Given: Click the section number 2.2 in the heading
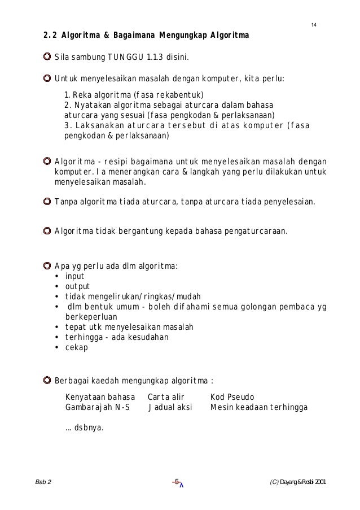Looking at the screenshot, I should (51, 38).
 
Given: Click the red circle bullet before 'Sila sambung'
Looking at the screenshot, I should (47, 58).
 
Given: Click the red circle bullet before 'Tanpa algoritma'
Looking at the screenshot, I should (47, 202).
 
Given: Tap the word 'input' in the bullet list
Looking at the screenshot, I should (74, 276).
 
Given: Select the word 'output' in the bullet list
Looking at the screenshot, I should (77, 286).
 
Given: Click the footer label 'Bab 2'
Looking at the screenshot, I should (43, 482).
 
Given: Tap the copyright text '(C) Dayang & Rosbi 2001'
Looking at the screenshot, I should (298, 482).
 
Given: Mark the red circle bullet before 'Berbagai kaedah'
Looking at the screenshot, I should (47, 380).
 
